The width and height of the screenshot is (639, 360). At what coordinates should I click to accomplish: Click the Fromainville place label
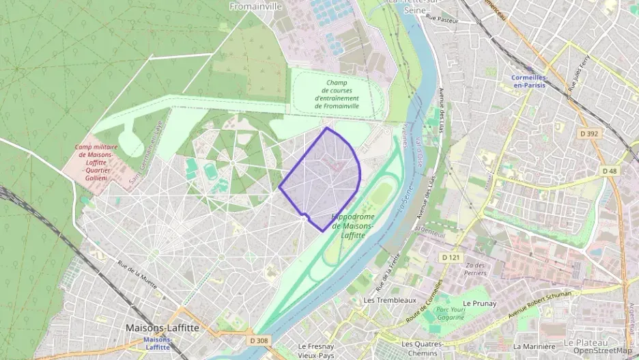[256, 7]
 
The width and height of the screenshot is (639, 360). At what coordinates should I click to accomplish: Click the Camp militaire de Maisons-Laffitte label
[96, 163]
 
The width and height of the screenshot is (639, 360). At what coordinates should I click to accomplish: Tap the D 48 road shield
[610, 170]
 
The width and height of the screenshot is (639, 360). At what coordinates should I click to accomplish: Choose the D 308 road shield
[259, 340]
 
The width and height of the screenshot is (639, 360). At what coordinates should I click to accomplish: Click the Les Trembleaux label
[390, 300]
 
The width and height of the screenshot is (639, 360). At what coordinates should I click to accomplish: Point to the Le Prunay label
[479, 303]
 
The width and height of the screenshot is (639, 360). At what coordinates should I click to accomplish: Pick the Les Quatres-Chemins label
[423, 348]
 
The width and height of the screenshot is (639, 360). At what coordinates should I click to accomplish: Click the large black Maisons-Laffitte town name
[162, 328]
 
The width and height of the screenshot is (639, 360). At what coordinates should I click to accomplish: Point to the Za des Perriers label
[475, 268]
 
